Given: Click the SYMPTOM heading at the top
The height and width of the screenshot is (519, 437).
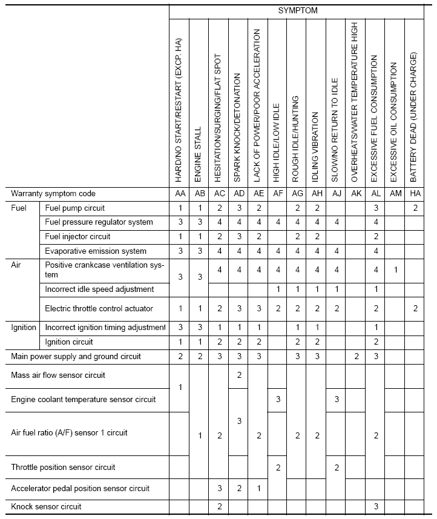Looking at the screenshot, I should (x=298, y=11).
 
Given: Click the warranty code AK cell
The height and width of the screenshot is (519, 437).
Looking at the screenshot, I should (x=355, y=194).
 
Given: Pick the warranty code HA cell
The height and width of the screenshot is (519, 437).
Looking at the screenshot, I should (x=414, y=194).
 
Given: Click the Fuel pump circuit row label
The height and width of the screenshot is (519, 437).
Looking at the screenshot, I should (x=74, y=208).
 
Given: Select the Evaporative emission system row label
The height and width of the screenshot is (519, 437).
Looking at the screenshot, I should (x=96, y=251).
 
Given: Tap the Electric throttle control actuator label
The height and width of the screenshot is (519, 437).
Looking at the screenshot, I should (x=99, y=308).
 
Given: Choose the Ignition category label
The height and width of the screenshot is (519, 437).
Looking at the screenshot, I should (x=24, y=328).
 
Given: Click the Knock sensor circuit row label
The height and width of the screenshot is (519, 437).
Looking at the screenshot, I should (x=46, y=506).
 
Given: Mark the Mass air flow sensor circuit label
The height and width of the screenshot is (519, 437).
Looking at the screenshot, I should (x=58, y=375).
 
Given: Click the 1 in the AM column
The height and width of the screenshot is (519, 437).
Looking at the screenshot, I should (x=395, y=269).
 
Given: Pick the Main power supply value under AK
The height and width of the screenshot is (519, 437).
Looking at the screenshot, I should (x=355, y=357).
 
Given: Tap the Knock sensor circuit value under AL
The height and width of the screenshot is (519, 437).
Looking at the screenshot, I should (x=375, y=506).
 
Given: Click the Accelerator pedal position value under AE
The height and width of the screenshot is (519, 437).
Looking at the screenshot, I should (x=257, y=488).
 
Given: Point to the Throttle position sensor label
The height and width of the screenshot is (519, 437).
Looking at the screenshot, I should (x=64, y=467).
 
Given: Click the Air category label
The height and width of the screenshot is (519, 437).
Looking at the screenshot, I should (x=18, y=265).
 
